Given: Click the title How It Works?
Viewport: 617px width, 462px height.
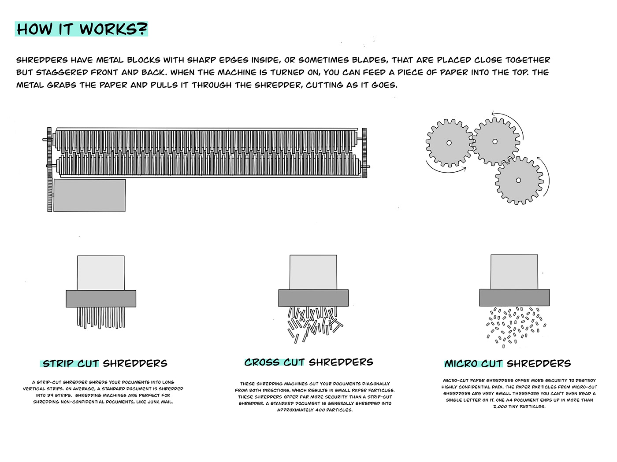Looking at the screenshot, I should (82, 29).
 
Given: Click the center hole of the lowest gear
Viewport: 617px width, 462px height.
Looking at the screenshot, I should (518, 180).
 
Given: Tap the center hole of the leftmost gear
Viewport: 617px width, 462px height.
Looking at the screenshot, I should (449, 143).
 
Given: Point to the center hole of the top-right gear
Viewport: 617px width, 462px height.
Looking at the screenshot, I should (495, 141).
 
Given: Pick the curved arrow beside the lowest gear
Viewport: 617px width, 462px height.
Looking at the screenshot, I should (546, 175).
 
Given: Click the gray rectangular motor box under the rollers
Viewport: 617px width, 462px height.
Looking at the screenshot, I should (89, 195).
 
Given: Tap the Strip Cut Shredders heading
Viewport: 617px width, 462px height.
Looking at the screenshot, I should (105, 364).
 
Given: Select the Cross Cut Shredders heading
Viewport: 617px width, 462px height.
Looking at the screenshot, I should (308, 362).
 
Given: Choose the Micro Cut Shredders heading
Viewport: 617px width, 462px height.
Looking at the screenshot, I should (507, 364).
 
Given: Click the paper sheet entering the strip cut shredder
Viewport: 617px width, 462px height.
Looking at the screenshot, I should (100, 273).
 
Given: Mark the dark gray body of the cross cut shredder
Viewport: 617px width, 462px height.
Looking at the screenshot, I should (313, 298).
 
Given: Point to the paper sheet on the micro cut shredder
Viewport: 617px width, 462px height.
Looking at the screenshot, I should (514, 272).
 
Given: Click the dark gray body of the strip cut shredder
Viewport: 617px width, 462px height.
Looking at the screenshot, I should (100, 299).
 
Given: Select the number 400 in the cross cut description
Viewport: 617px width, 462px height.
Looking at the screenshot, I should (322, 410).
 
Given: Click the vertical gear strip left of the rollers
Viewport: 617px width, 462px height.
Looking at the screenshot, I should (49, 170).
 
